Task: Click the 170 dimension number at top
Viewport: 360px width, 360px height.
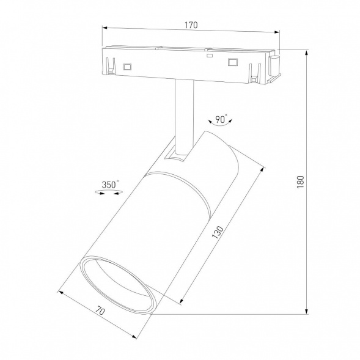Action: tap(191, 25)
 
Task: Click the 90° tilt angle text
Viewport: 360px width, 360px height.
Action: tap(221, 116)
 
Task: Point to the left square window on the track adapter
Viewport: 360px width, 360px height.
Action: tap(128, 65)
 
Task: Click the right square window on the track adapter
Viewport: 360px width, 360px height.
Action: tap(232, 61)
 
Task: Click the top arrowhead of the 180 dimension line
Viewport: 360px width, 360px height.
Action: tap(305, 50)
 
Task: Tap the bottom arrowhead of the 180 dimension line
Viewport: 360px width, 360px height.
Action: tap(305, 312)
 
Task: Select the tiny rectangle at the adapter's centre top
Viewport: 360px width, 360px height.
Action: tap(210, 55)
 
